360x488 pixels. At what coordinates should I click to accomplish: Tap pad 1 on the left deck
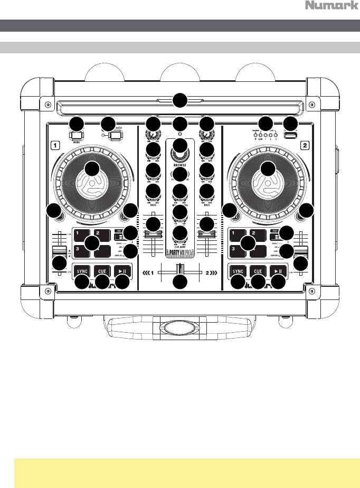[81, 233]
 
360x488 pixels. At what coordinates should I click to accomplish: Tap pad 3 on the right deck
[237, 248]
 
